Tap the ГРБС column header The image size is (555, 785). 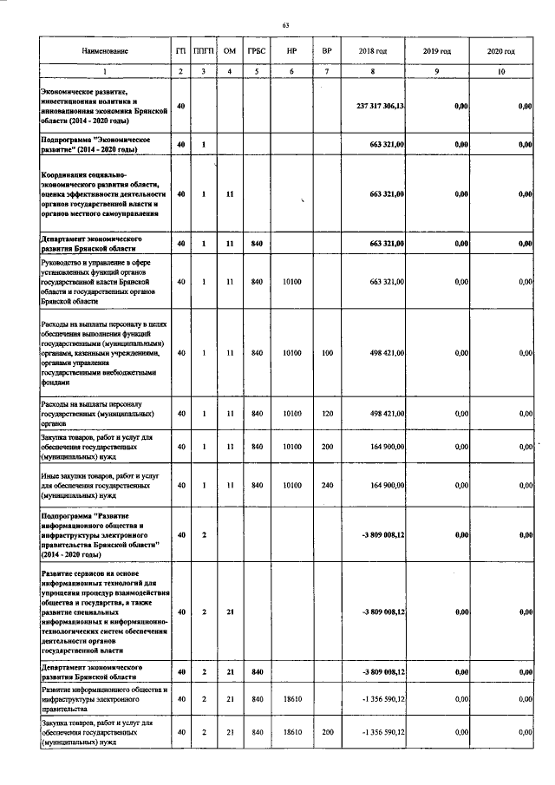[x=256, y=52]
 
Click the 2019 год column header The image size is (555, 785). [x=441, y=52]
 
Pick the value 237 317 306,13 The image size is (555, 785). [x=381, y=106]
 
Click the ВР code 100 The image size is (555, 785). [x=327, y=353]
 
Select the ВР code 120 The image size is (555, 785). [x=327, y=414]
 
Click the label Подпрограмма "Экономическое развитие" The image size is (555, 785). [x=97, y=144]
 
